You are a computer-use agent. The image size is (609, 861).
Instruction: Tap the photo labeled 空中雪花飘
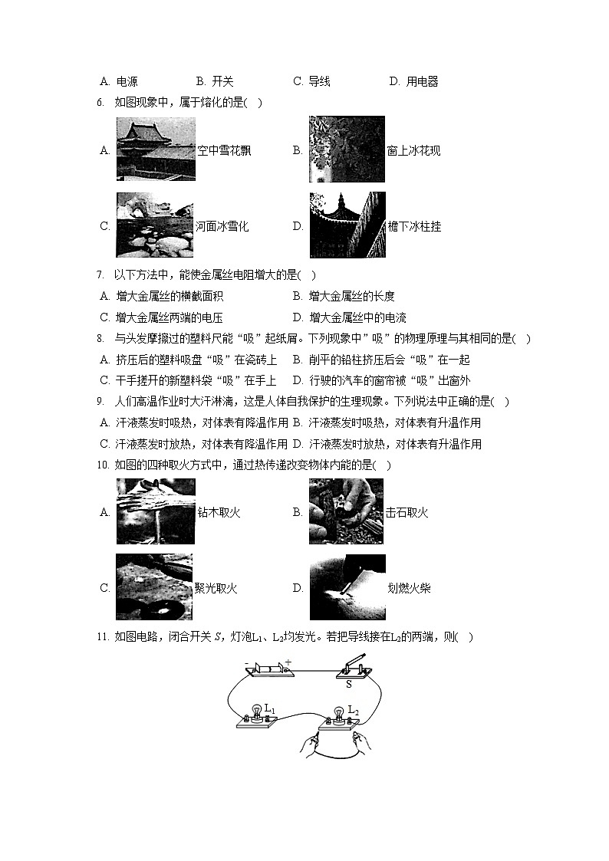click(155, 150)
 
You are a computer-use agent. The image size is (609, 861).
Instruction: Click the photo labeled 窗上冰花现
click(347, 150)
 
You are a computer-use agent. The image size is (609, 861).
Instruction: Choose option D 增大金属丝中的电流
click(357, 317)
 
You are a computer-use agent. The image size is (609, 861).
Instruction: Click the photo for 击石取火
click(347, 511)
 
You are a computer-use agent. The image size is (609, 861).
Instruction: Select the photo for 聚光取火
click(154, 587)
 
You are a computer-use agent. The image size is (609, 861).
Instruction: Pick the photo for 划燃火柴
click(347, 587)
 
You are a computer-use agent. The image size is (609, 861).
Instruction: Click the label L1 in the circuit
click(270, 709)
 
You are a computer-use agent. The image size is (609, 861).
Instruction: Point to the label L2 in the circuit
click(353, 710)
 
